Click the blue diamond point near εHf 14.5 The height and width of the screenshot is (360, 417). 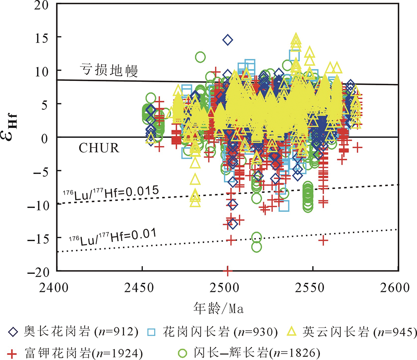(228, 40)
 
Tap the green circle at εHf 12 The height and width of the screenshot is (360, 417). (200, 57)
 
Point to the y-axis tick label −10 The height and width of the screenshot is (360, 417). (40, 205)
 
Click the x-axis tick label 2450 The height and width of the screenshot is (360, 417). (142, 286)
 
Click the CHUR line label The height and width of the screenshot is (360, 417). (99, 149)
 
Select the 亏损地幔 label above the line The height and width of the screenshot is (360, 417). (108, 70)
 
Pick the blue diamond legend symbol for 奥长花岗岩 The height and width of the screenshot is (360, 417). (13, 332)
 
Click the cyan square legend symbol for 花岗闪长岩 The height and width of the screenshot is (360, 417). (154, 332)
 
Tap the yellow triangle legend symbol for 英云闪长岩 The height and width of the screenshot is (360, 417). (291, 332)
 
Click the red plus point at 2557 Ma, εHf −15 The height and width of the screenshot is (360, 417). (324, 240)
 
